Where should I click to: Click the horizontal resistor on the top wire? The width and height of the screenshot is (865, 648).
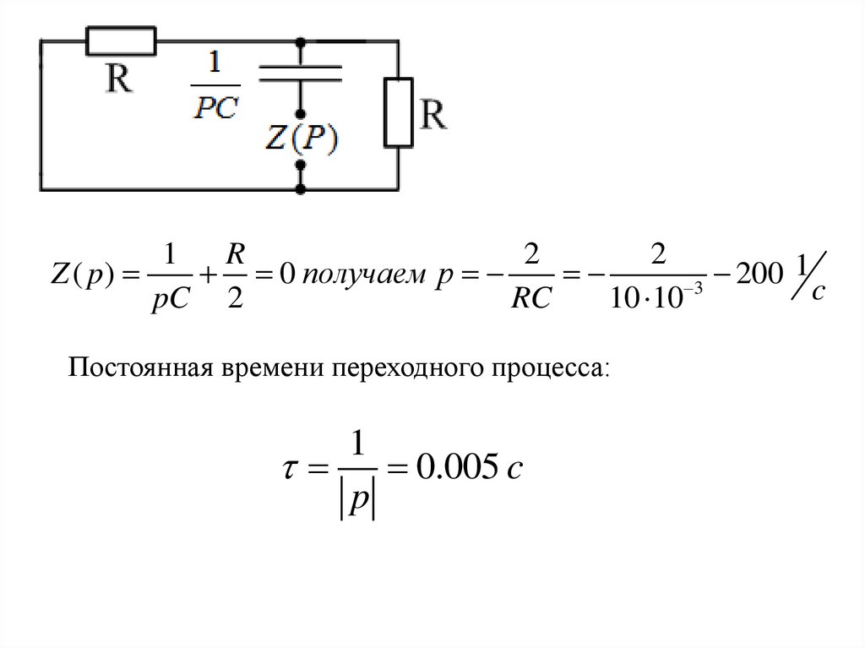point(121,40)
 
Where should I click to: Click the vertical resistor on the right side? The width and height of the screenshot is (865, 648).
point(396,112)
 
